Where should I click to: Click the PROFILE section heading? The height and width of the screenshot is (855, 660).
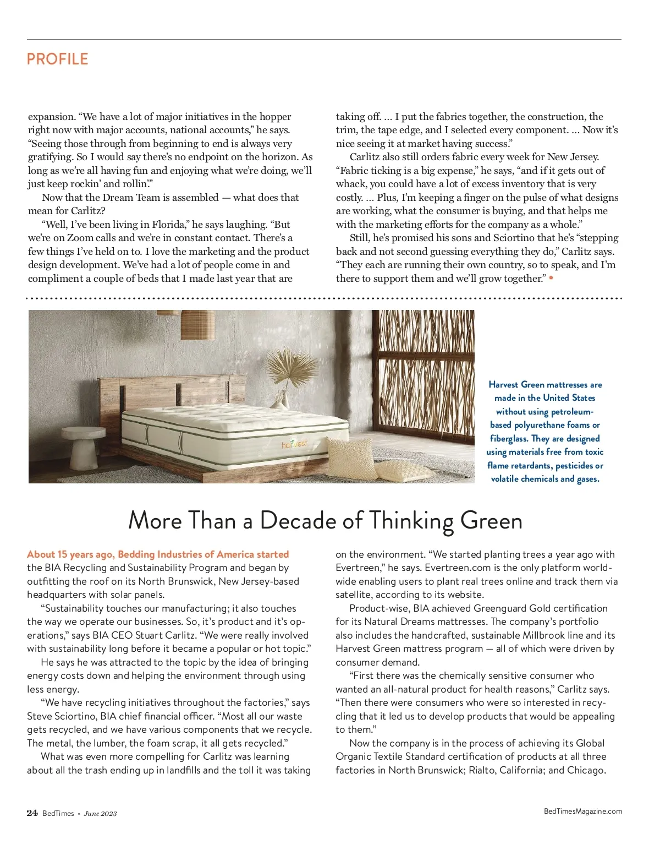point(57,59)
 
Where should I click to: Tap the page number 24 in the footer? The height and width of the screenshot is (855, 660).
point(32,813)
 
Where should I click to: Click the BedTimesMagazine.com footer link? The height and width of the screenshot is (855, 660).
point(582,811)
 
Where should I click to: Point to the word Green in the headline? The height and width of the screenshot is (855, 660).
point(491,520)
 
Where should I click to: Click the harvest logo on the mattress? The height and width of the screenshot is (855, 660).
point(294,444)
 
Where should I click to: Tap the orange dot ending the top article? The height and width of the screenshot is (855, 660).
point(551,278)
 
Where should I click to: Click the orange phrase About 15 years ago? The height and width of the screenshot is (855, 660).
point(71,554)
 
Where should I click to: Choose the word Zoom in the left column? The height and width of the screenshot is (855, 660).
point(80,238)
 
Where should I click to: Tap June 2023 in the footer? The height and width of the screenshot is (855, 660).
point(100,814)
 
